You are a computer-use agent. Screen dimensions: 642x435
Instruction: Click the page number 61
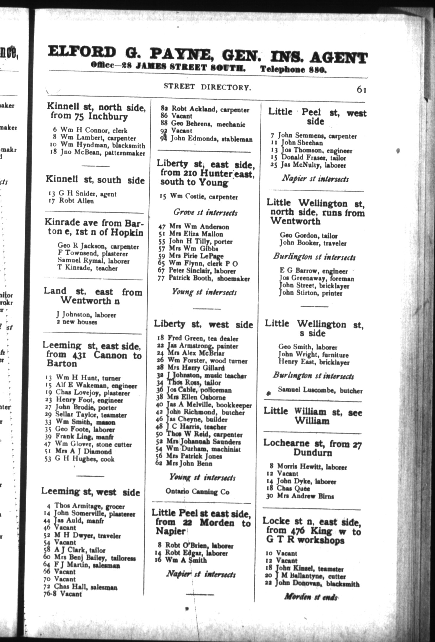pyautogui.click(x=361, y=89)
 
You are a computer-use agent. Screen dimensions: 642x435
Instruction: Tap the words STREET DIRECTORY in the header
pyautogui.click(x=207, y=87)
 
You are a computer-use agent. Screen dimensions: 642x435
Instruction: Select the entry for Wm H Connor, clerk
pyautogui.click(x=94, y=130)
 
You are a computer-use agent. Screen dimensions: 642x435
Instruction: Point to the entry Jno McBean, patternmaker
pyautogui.click(x=99, y=153)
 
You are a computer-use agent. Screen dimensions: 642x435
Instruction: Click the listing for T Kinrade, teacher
pyautogui.click(x=87, y=268)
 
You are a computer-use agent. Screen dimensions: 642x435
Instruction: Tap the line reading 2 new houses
pyautogui.click(x=77, y=322)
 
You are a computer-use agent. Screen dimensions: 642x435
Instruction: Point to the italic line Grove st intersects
pyautogui.click(x=205, y=212)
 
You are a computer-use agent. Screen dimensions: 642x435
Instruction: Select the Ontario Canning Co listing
pyautogui.click(x=197, y=492)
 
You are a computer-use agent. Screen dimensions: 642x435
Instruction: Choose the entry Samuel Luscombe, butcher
pyautogui.click(x=320, y=390)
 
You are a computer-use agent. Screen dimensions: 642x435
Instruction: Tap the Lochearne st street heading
pyautogui.click(x=312, y=448)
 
